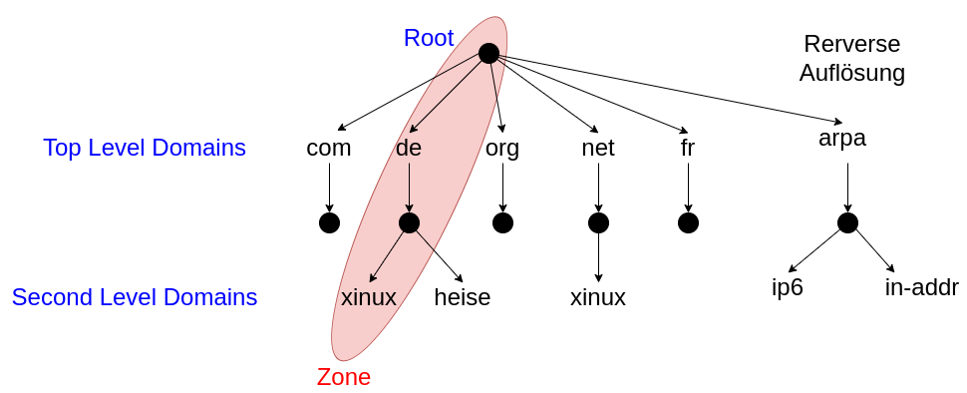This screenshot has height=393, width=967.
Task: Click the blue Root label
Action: click(429, 39)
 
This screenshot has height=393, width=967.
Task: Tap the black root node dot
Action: click(488, 53)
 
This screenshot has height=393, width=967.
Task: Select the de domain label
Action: click(409, 149)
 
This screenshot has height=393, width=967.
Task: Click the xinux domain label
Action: click(369, 297)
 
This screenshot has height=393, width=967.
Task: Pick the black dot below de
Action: click(409, 222)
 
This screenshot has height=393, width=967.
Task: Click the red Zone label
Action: click(344, 378)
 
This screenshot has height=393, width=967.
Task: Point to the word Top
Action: click(62, 149)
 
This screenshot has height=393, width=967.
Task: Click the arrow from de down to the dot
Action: click(409, 185)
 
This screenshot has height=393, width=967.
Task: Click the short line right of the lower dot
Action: click(425, 239)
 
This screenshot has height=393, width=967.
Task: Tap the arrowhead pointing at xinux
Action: click(373, 278)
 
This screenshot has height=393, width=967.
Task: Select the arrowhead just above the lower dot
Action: click(409, 207)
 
